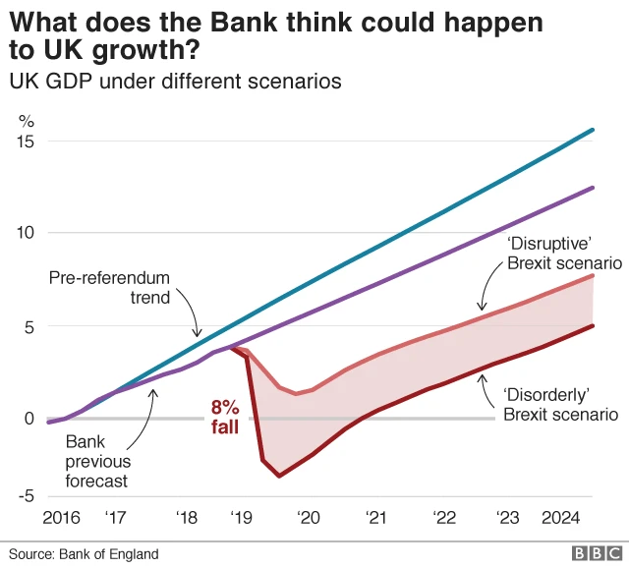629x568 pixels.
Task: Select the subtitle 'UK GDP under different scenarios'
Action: (175, 82)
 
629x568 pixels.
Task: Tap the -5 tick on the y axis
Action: (24, 496)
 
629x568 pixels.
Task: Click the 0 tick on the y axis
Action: (28, 419)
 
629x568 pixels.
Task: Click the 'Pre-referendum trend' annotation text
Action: (109, 287)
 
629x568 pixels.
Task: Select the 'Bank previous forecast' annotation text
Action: (96, 462)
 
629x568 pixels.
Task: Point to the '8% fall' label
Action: (225, 417)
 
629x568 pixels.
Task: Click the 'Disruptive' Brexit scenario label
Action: (564, 254)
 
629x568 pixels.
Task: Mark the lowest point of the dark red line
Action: (279, 476)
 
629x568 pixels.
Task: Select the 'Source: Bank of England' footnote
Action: (83, 554)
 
